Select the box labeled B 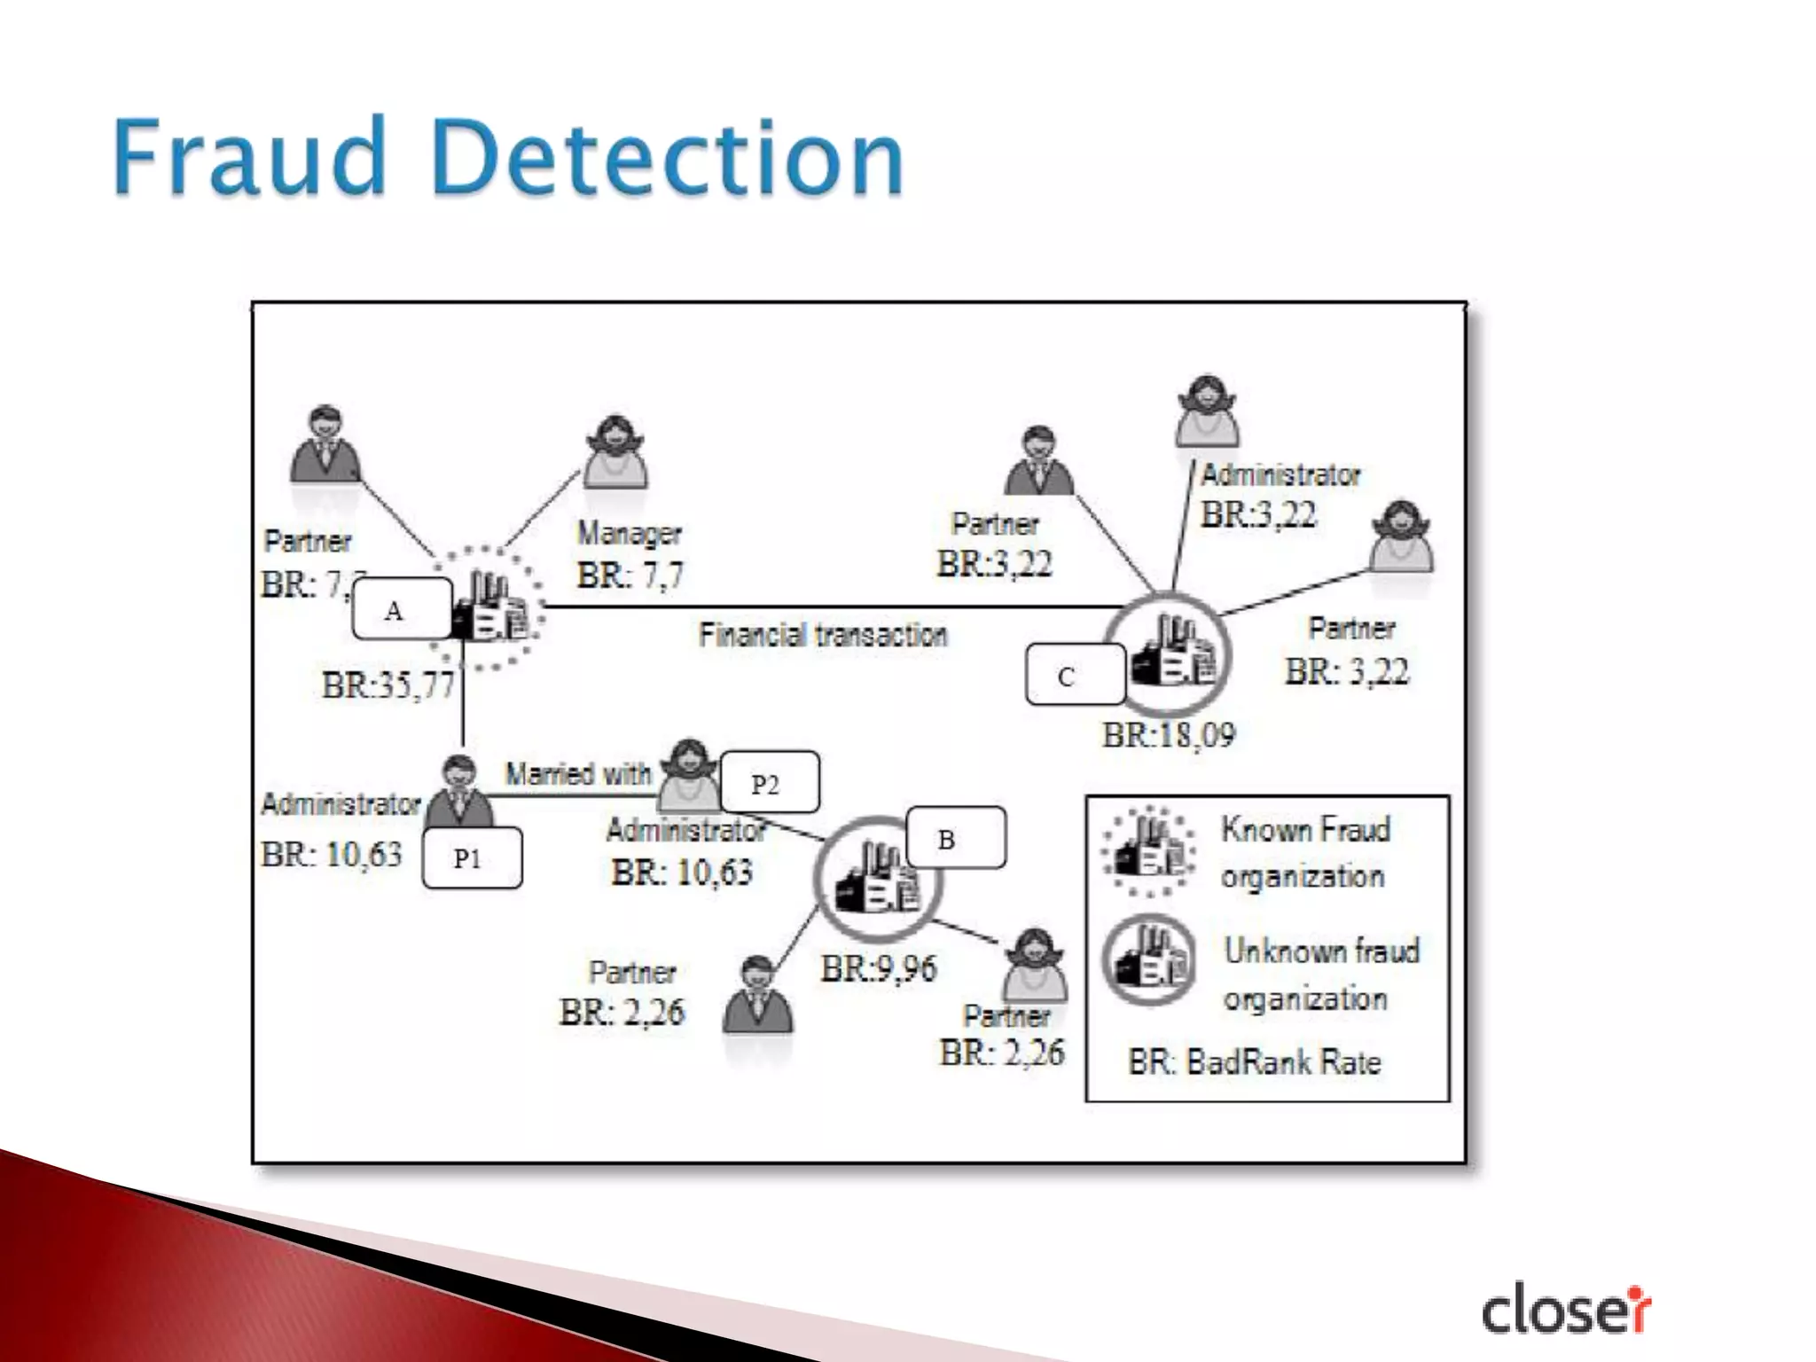[955, 838]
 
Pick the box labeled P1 [472, 857]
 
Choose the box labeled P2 [769, 783]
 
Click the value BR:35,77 [387, 685]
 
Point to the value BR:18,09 [1168, 735]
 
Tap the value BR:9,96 [878, 968]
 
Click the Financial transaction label [822, 635]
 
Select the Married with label [577, 774]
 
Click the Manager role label [629, 533]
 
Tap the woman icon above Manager [614, 452]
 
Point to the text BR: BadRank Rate [1254, 1062]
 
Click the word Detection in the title [668, 158]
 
